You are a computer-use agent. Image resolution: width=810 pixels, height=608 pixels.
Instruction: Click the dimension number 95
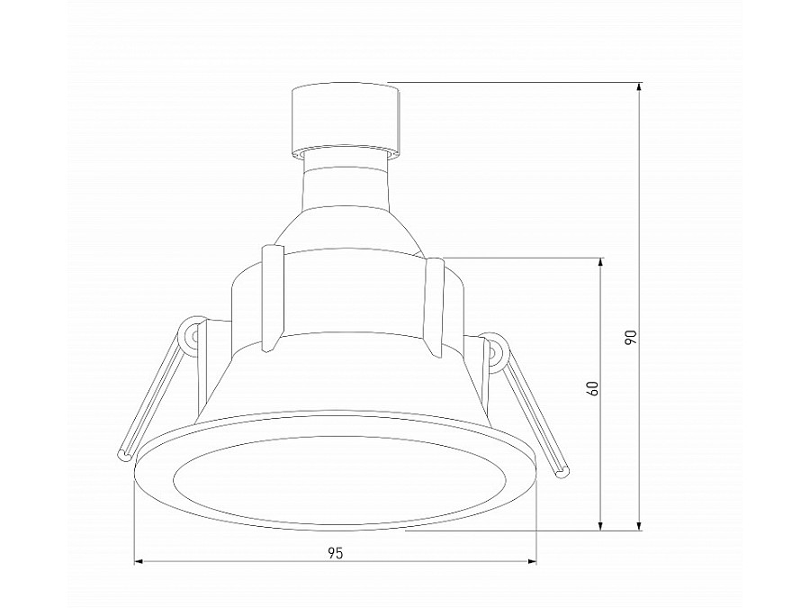click(x=334, y=552)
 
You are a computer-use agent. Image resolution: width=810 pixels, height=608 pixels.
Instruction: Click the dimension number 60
click(x=591, y=389)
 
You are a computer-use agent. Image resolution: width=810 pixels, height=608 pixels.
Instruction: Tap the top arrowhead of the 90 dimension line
click(x=639, y=88)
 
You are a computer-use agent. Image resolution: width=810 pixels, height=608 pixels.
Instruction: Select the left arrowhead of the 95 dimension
click(x=139, y=562)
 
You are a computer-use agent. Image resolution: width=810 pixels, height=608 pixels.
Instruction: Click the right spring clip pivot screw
click(x=493, y=348)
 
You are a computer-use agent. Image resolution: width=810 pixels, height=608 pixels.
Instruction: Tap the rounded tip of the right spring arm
click(x=564, y=469)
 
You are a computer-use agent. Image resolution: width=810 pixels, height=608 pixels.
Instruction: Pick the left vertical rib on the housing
click(x=270, y=297)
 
